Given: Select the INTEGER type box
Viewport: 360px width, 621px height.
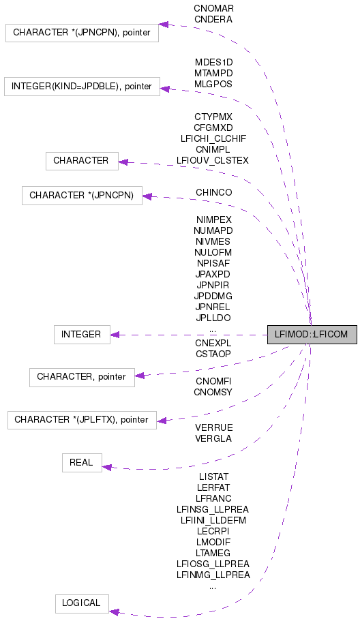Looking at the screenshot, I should click(81, 335).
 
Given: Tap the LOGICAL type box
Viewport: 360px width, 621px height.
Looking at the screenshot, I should click(81, 603).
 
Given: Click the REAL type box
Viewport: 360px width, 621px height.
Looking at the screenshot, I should click(81, 462).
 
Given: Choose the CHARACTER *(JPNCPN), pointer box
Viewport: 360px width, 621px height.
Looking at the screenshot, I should click(82, 32).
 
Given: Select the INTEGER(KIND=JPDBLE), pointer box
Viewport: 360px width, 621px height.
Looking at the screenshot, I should click(82, 87).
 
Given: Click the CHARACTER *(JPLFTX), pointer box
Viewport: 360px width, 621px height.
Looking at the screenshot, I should click(81, 419).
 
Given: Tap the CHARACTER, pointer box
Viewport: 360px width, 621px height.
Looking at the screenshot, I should click(82, 376).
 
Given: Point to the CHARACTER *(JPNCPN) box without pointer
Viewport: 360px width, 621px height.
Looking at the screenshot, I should click(82, 196).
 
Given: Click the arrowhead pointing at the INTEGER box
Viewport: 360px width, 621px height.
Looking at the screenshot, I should click(115, 335).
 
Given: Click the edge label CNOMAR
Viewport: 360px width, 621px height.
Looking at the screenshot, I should click(213, 9).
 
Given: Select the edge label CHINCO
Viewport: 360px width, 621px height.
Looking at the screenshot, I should click(213, 193).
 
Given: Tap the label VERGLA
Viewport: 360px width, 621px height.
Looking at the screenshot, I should click(213, 438).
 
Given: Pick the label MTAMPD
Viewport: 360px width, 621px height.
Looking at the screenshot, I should click(213, 72).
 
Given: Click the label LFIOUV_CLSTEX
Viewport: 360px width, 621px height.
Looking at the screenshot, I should click(213, 160).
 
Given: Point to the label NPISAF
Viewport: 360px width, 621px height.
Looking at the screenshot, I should click(213, 263).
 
